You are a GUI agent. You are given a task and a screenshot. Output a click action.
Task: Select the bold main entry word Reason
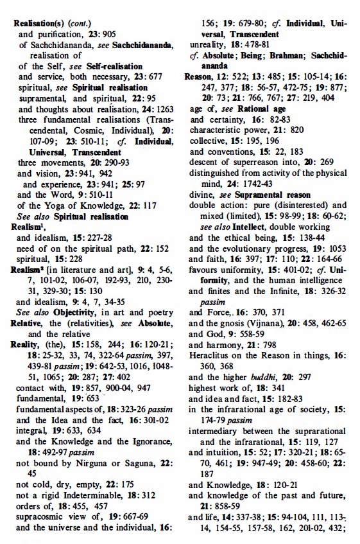point(198,76)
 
